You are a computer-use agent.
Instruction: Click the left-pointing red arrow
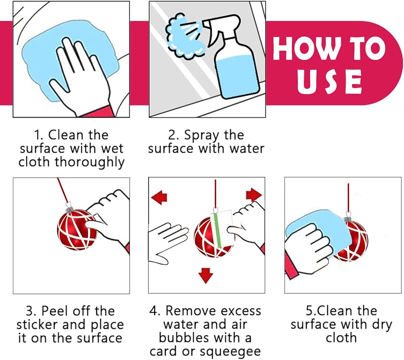coord(159,197)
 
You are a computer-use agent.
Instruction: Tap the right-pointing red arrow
coord(254,195)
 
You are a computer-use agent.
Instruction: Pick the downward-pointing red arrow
coord(206,276)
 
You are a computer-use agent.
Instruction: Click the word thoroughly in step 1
coord(89,163)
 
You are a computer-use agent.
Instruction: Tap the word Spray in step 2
coord(202,136)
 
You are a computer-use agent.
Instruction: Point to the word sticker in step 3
coord(37,325)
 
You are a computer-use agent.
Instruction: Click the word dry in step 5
coord(382,325)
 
